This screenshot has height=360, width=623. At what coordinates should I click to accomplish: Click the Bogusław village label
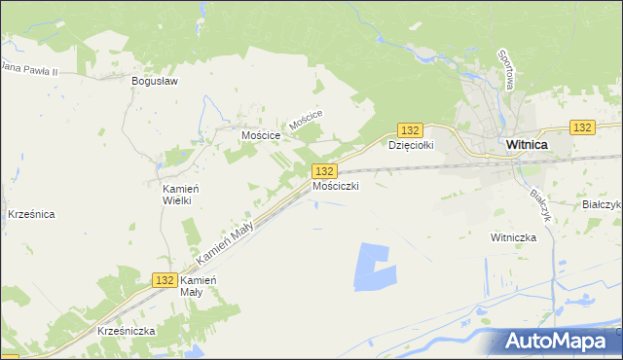[155, 82]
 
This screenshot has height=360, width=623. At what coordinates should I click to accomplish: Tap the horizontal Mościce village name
[262, 136]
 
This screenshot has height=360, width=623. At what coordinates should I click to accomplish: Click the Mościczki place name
[336, 185]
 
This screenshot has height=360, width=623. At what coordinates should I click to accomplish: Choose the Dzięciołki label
[410, 146]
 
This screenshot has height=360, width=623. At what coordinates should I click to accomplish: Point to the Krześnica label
[31, 213]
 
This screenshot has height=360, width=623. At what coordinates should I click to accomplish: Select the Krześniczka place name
[127, 331]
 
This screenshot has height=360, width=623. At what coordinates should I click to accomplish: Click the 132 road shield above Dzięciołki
[410, 130]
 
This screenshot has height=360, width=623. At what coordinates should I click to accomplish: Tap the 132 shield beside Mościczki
[326, 171]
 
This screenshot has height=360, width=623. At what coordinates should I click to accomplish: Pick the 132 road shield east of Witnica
[582, 127]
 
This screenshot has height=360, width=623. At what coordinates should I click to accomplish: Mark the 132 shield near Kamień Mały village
[165, 279]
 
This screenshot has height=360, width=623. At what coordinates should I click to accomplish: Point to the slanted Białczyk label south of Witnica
[540, 204]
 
